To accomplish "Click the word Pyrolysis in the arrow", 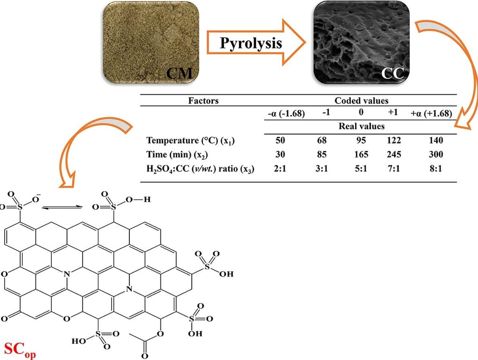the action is tap(251, 43).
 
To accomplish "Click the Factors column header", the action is tap(203, 100).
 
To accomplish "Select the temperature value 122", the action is tap(393, 141).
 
